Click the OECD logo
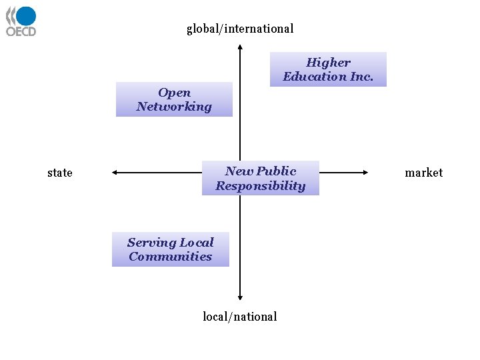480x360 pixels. point(21,21)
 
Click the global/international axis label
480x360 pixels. point(240,29)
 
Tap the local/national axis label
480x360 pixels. point(240,317)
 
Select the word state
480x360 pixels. point(60,173)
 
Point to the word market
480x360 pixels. point(423,173)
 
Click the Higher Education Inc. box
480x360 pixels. point(328,69)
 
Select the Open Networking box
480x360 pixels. point(174,99)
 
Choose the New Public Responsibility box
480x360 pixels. point(261,178)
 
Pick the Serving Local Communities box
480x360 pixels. point(171,249)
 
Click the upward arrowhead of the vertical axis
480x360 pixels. point(240,47)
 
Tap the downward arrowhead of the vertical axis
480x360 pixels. point(240,298)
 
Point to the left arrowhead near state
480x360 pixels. point(115,173)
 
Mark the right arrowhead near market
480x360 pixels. point(365,173)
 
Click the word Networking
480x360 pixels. point(174,107)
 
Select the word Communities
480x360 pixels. point(171,257)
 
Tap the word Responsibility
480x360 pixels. point(261,186)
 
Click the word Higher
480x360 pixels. point(328,63)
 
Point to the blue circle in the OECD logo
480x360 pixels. point(26,17)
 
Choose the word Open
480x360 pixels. point(175,93)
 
